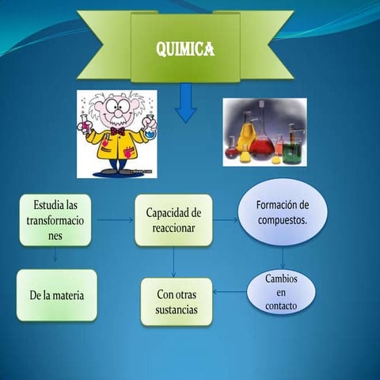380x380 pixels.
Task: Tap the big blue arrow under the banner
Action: [x=186, y=104]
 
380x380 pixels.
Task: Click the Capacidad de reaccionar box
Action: [x=173, y=220]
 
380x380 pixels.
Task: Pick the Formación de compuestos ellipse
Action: [x=283, y=212]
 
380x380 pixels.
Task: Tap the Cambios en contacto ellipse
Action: [x=281, y=291]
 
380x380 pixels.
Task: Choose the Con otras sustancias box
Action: [x=177, y=302]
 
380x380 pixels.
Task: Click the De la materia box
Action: [x=57, y=295]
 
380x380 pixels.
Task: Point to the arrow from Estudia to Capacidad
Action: [x=115, y=219]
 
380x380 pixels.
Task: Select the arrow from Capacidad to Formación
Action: [x=226, y=220]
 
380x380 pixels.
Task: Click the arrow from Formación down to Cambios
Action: [x=283, y=258]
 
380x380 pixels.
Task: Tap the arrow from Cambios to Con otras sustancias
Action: [x=230, y=292]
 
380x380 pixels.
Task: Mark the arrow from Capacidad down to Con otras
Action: [x=174, y=261]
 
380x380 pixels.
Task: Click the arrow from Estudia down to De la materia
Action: [x=55, y=256]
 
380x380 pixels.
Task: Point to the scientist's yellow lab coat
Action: [x=116, y=146]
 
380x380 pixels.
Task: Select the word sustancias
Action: [x=177, y=310]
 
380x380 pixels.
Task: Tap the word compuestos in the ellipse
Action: [x=283, y=220]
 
